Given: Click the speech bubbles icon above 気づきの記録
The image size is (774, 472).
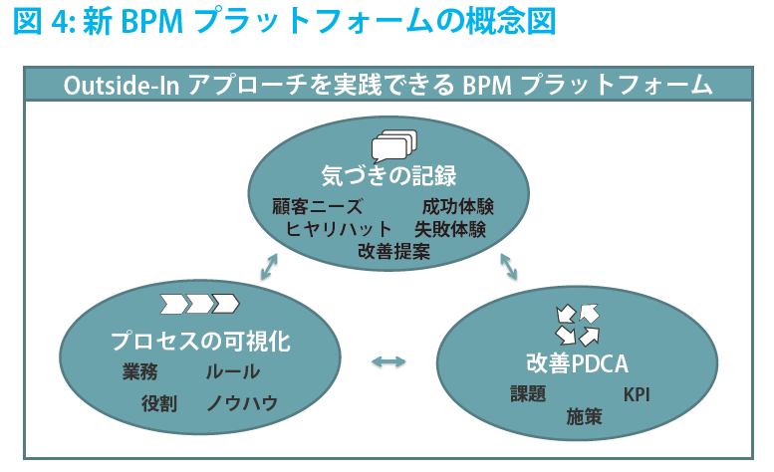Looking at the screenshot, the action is [x=394, y=146].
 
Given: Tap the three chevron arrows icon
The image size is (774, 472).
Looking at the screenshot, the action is [x=200, y=304].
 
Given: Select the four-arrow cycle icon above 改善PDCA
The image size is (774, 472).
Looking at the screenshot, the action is [x=577, y=325].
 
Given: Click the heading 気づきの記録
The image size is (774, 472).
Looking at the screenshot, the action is [x=388, y=176].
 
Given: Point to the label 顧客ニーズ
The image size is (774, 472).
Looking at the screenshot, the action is [x=318, y=207].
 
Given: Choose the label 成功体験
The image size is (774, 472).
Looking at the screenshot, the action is [x=458, y=207].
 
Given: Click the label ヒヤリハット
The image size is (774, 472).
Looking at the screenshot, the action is [x=338, y=229].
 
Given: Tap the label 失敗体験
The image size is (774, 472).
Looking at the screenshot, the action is [x=450, y=229].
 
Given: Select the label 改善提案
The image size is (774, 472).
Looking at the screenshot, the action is [x=393, y=252].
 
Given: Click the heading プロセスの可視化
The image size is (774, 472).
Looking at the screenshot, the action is [x=200, y=342].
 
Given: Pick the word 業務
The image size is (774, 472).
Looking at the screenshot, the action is [x=140, y=371].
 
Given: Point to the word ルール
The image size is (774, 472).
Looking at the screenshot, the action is [x=232, y=371].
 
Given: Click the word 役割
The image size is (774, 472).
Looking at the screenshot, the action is [x=159, y=403].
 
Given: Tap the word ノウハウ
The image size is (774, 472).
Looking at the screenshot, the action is [x=242, y=403].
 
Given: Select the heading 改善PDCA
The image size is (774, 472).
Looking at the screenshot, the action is [x=577, y=364].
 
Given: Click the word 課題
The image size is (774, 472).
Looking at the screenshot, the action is [x=528, y=394].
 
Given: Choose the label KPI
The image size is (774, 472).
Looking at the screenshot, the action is [x=637, y=394].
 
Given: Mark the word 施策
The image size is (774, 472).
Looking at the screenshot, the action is [x=584, y=417].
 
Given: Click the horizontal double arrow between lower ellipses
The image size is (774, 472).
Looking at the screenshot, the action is [x=388, y=362].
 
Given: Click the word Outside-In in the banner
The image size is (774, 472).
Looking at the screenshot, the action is [x=121, y=86].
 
